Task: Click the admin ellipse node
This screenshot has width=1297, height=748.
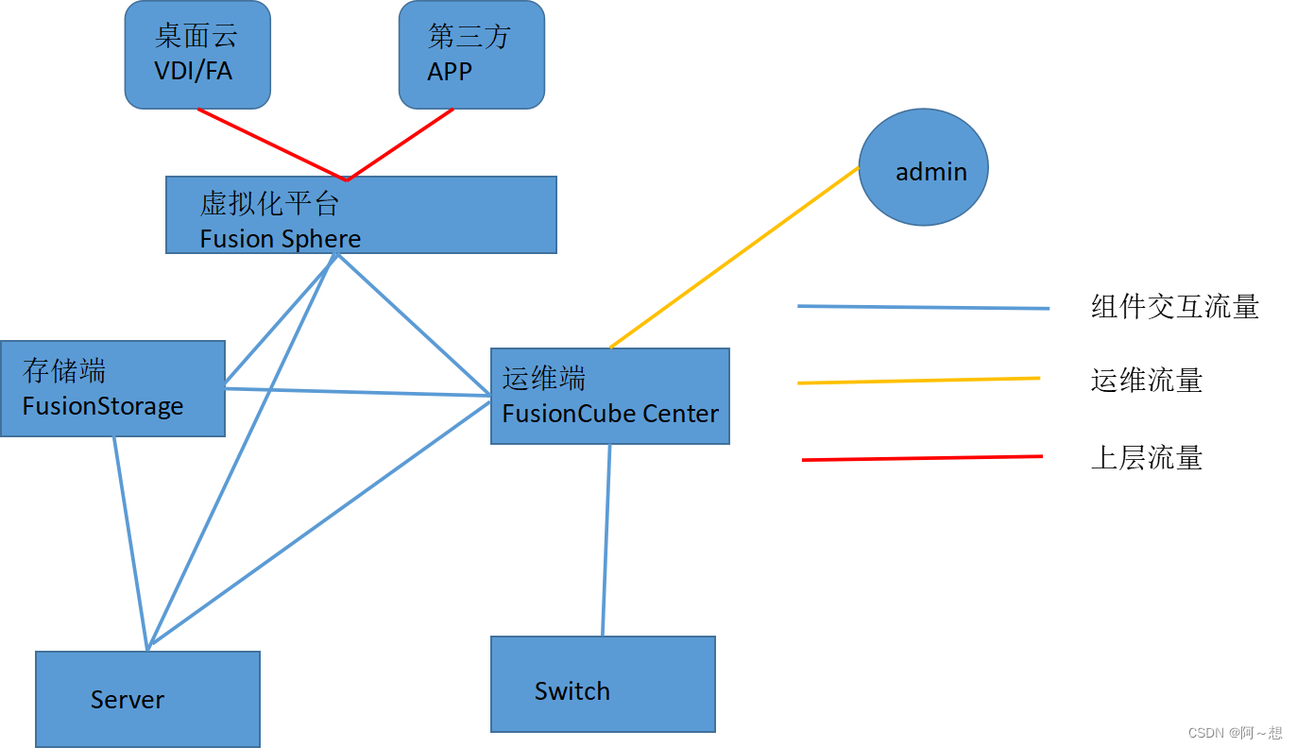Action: [x=923, y=167]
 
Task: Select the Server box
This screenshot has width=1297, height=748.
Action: [x=147, y=699]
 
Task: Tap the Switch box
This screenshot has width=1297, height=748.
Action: [x=603, y=684]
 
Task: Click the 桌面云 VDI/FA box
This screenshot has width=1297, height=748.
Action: [x=197, y=54]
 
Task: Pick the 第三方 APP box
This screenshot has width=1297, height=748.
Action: [x=471, y=54]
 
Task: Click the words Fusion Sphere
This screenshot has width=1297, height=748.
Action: [x=280, y=239]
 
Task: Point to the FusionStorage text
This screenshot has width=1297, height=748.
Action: [x=103, y=407]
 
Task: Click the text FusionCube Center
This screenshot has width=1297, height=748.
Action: [x=610, y=414]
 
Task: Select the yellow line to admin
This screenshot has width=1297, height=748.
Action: [x=735, y=258]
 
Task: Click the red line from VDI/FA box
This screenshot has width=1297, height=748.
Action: [x=272, y=144]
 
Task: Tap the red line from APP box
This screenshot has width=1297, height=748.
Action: [x=401, y=144]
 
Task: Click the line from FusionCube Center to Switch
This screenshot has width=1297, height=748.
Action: [x=606, y=539]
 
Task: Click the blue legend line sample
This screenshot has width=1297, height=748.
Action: [x=923, y=307]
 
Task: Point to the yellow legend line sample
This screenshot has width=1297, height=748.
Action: [x=918, y=381]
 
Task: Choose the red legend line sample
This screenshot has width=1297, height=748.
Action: [x=922, y=458]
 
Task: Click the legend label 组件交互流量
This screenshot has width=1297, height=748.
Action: [x=1174, y=307]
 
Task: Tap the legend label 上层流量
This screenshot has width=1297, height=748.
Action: [x=1146, y=458]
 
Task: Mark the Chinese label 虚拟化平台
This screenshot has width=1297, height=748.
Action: [x=269, y=204]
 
